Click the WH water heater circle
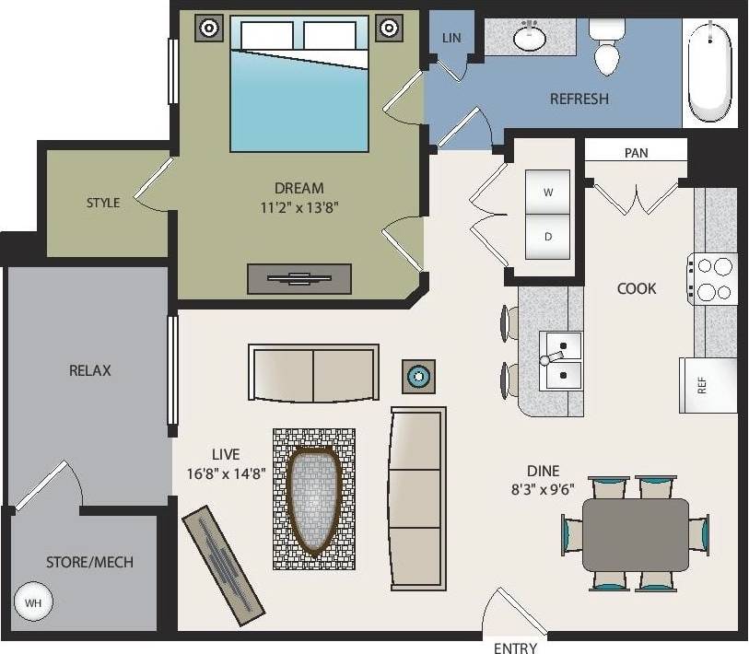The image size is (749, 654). coord(33,603)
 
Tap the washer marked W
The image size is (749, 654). coord(547,193)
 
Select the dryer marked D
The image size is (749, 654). coord(547,237)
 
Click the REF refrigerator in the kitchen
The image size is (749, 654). coord(708,385)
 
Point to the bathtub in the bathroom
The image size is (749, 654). coord(709,72)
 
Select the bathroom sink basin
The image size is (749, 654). coord(531,39)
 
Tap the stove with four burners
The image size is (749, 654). coord(712,279)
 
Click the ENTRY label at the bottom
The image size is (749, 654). coord(515,648)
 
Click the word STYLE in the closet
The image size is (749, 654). coord(103,203)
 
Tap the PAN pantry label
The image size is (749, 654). coord(636,153)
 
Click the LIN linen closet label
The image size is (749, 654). coord(451,38)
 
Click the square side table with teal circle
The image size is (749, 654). coord(419,375)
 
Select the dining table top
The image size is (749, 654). coord(635,534)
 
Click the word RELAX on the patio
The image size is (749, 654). coord(90,370)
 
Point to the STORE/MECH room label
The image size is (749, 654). coord(90,562)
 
